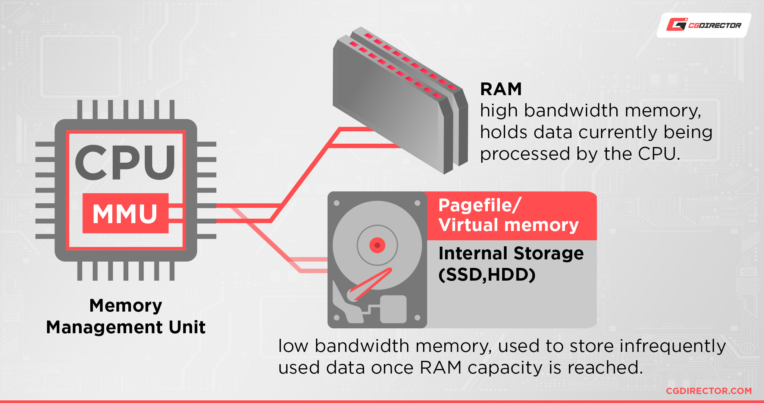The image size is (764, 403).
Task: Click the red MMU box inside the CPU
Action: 125,213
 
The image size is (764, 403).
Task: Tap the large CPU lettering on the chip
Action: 125,163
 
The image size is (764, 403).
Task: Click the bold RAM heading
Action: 501,90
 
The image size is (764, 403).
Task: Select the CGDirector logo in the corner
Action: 704,25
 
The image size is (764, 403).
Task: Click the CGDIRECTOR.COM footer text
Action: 708,391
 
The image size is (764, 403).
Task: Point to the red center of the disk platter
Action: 377,245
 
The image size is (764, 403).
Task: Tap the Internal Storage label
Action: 511,253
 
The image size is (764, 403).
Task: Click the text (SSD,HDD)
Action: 487,275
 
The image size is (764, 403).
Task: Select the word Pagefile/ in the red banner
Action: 479,206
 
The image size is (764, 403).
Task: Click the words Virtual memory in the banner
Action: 508,225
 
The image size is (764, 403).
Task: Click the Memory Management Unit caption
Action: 126,316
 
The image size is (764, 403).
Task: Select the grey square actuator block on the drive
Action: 393,309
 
